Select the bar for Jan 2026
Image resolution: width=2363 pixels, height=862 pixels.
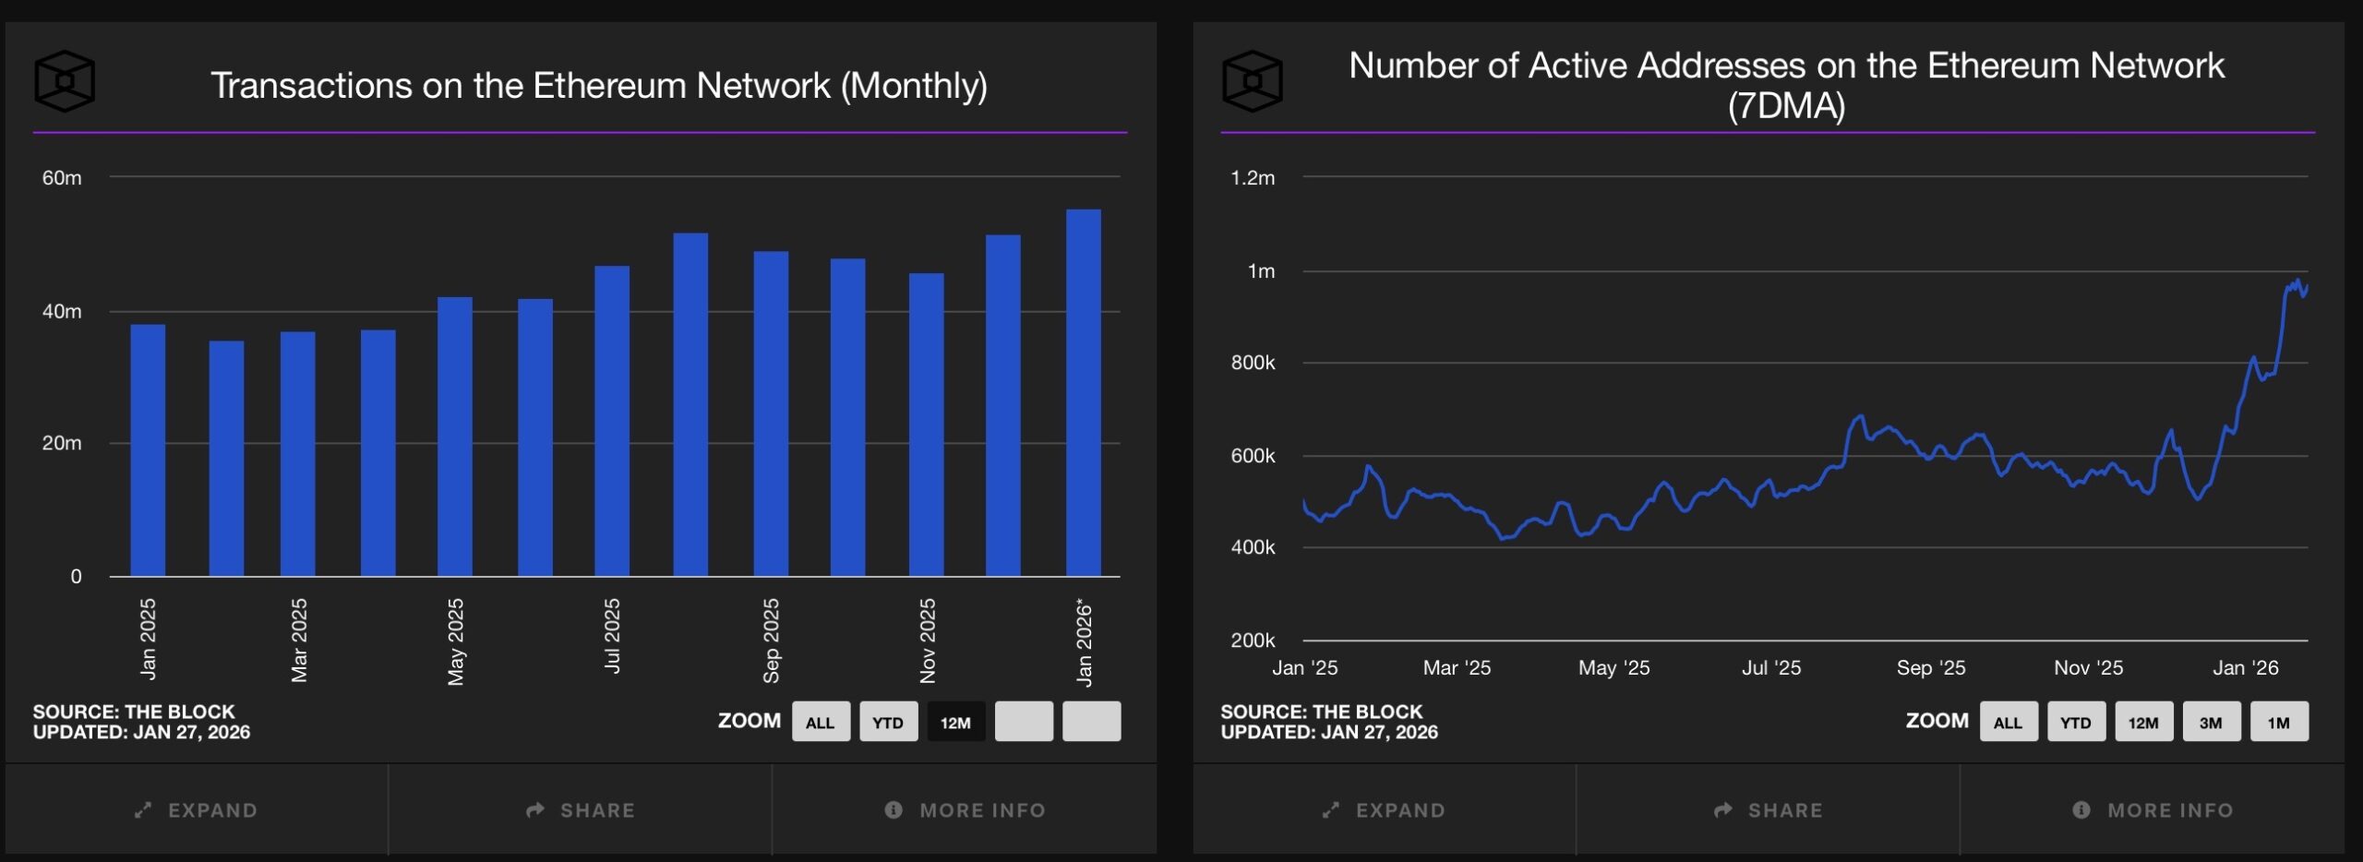pyautogui.click(x=1083, y=392)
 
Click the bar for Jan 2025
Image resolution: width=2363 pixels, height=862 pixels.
pyautogui.click(x=148, y=450)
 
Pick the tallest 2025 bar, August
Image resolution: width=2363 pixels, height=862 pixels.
pyautogui.click(x=690, y=404)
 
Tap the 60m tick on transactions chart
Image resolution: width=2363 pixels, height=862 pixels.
pyautogui.click(x=62, y=177)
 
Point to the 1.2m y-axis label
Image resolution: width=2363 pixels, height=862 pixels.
pyautogui.click(x=1252, y=177)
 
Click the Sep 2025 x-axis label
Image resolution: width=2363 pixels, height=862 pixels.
pyautogui.click(x=771, y=641)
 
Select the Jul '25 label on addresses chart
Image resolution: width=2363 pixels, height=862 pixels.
pyautogui.click(x=1770, y=667)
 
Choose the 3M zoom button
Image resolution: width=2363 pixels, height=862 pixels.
pyautogui.click(x=2211, y=722)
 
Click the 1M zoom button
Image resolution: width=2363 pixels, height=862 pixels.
pyautogui.click(x=2278, y=722)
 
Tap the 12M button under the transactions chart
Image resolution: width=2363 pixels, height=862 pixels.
pyautogui.click(x=955, y=722)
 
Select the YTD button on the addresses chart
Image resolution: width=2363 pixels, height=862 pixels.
pyautogui.click(x=2075, y=722)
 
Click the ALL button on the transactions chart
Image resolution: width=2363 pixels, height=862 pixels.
pyautogui.click(x=820, y=722)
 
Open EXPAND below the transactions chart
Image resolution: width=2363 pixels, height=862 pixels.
pyautogui.click(x=196, y=809)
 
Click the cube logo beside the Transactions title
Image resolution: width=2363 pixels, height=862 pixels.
pyautogui.click(x=65, y=81)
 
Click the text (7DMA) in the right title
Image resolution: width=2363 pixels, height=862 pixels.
pyautogui.click(x=1786, y=106)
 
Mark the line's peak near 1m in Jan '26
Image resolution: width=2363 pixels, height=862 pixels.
pyautogui.click(x=2297, y=281)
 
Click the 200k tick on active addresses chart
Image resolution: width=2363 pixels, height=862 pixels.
pyautogui.click(x=1252, y=640)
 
